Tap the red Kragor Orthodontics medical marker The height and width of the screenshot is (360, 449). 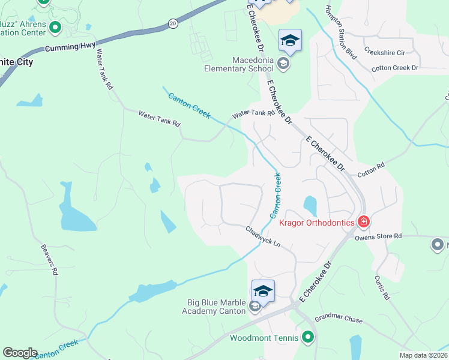pyautogui.click(x=363, y=223)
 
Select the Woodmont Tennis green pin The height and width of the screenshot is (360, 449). pyautogui.click(x=308, y=337)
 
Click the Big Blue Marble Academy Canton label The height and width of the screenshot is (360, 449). pyautogui.click(x=214, y=307)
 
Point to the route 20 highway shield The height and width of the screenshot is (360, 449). pyautogui.click(x=173, y=22)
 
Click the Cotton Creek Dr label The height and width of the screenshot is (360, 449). pyautogui.click(x=394, y=68)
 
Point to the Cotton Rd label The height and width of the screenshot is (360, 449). pyautogui.click(x=371, y=169)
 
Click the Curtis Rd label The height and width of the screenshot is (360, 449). pyautogui.click(x=382, y=288)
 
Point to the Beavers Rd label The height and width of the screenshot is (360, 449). pyautogui.click(x=50, y=259)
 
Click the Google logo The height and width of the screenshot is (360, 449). pyautogui.click(x=20, y=353)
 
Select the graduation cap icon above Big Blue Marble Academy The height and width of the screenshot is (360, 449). pyautogui.click(x=263, y=291)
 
